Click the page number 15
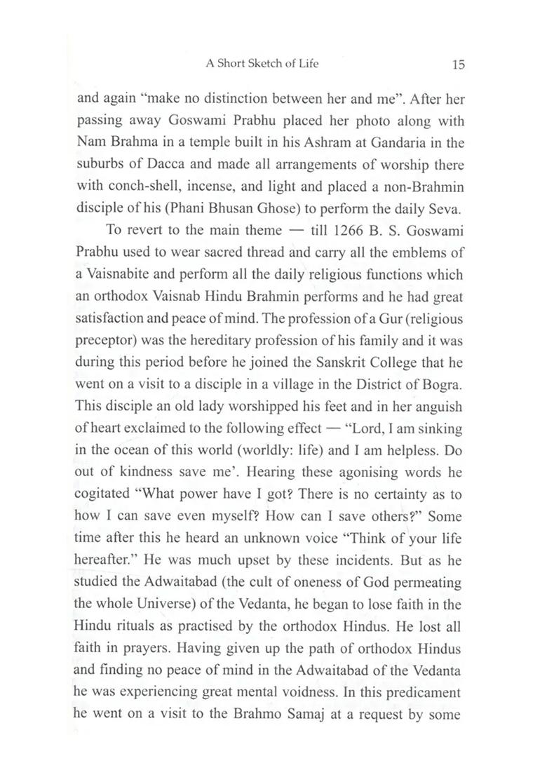coord(458,65)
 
